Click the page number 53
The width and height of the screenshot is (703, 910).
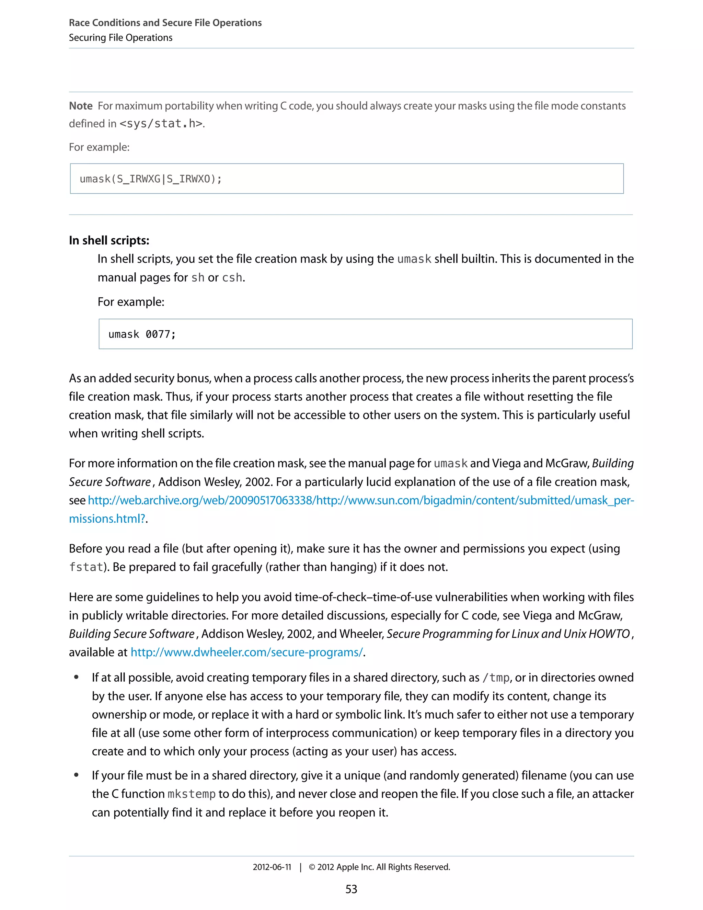[x=351, y=889]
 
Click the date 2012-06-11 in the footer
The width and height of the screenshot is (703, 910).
[x=272, y=867]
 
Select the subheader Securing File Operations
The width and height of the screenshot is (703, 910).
[x=120, y=37]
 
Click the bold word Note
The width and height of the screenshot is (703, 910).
[x=81, y=106]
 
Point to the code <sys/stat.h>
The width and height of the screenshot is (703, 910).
[x=161, y=124]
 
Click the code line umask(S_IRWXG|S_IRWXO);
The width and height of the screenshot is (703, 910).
[x=151, y=179]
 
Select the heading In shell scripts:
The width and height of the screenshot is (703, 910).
[x=109, y=240]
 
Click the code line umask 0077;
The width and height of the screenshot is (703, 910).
[x=142, y=334]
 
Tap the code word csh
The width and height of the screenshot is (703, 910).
[x=232, y=277]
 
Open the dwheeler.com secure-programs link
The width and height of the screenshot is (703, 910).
[x=246, y=652]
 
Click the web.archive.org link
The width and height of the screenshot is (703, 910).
[x=361, y=500]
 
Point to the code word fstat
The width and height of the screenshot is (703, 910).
[x=86, y=567]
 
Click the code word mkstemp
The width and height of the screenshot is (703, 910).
[x=191, y=794]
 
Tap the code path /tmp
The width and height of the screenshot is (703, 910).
[x=496, y=678]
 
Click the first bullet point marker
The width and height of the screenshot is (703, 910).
[x=76, y=678]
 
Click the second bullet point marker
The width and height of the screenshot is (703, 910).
[x=76, y=775]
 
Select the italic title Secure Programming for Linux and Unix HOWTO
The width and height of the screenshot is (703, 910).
[x=508, y=634]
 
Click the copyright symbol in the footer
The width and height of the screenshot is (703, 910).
[x=312, y=867]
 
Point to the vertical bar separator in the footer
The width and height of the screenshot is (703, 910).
[x=300, y=867]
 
